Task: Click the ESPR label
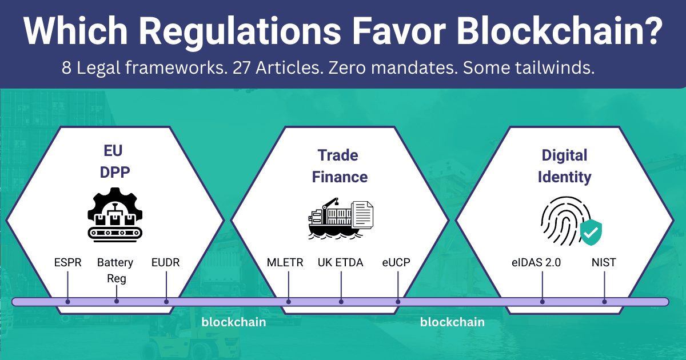point(67,263)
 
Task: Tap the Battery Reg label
point(115,270)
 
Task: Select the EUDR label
point(166,263)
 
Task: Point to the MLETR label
point(288,263)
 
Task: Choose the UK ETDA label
point(341,263)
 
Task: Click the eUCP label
point(396,263)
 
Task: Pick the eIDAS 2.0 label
point(536,263)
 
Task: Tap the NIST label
point(604,263)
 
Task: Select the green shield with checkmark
point(591,231)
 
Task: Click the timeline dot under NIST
point(604,302)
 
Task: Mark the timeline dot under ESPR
point(67,302)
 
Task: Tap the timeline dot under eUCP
point(398,302)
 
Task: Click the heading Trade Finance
point(340,166)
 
